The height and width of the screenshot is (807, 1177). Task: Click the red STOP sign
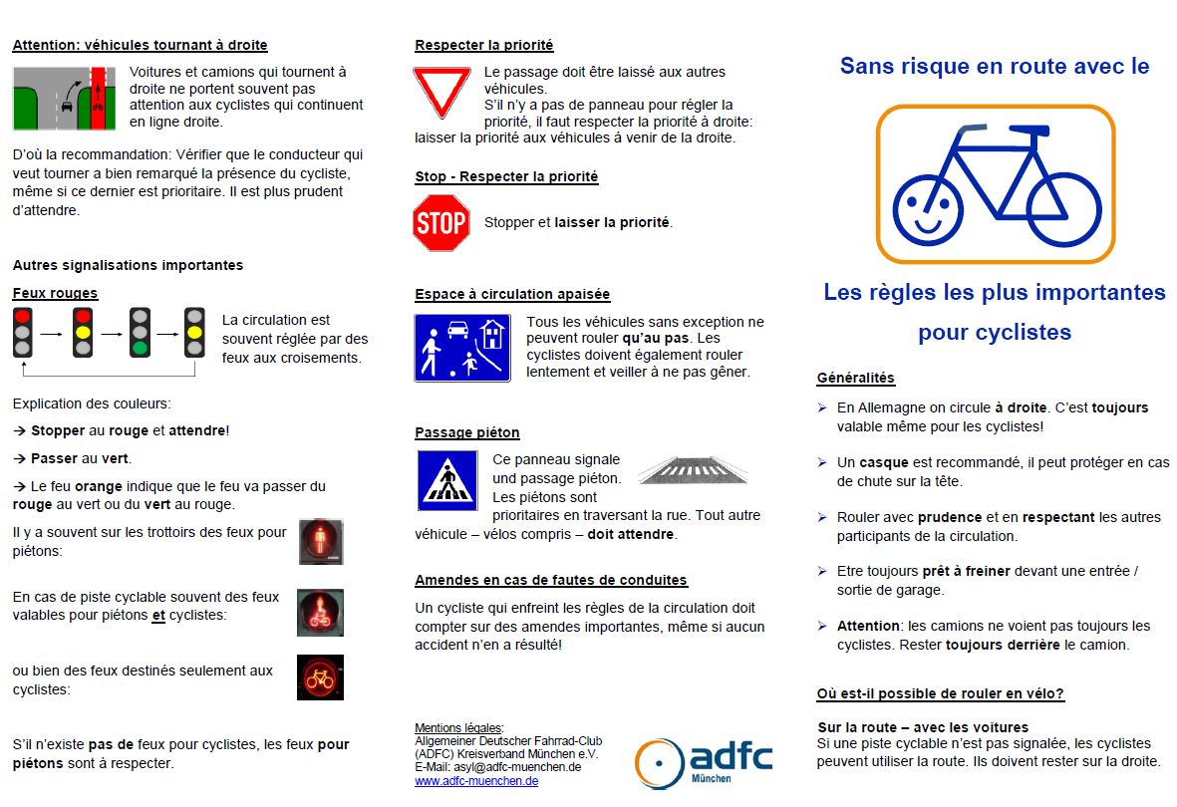point(441,222)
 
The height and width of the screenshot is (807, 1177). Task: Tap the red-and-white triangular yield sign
point(441,92)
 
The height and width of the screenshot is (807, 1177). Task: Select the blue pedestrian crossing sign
point(447,480)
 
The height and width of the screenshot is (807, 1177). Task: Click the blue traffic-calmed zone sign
point(462,348)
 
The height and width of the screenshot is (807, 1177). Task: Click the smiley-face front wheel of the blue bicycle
point(928,210)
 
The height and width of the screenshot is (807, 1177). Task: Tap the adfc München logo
point(704,762)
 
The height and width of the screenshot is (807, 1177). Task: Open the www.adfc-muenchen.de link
point(476,781)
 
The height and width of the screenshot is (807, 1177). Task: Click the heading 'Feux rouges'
point(55,293)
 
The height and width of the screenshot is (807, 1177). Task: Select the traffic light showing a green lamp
point(140,332)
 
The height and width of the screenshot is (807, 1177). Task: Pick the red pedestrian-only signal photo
point(321,541)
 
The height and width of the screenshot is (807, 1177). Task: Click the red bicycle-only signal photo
point(320,677)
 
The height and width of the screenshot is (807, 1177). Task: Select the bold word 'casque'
point(883,462)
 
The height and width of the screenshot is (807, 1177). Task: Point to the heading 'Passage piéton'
point(467,432)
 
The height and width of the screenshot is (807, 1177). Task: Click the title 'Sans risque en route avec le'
point(995,66)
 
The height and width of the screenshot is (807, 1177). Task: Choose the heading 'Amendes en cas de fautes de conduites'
point(551,580)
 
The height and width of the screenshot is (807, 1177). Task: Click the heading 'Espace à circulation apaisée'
point(512,294)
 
